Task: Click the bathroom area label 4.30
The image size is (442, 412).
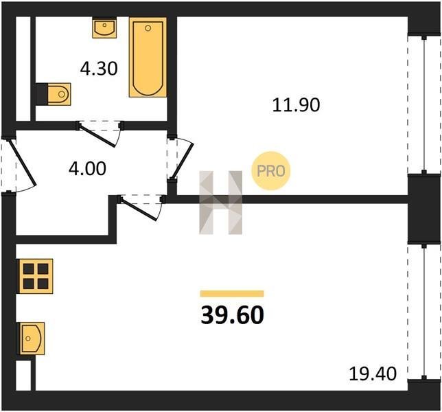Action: [x=99, y=69]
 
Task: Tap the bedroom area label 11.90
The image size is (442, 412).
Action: [x=296, y=105]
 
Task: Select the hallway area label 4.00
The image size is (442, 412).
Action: [x=87, y=168]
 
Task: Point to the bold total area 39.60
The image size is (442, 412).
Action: [x=232, y=315]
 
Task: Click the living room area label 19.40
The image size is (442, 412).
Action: [x=373, y=374]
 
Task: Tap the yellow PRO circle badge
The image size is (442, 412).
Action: [x=270, y=170]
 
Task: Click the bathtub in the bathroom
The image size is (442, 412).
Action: [x=148, y=57]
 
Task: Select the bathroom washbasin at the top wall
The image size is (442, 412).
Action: [x=104, y=27]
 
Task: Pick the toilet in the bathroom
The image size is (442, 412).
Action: [x=54, y=94]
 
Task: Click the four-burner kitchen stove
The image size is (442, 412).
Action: [x=36, y=276]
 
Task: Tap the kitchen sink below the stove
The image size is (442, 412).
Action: [x=32, y=339]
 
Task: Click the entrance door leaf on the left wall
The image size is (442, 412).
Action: [x=23, y=163]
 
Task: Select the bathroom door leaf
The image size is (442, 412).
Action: [x=97, y=135]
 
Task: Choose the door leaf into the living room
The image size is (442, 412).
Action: [x=137, y=209]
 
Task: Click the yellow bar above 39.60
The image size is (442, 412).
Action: [x=232, y=294]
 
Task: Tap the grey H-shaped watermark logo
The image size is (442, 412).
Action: [x=221, y=203]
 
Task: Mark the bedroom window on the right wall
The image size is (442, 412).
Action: [x=424, y=104]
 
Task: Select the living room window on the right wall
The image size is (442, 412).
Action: [x=424, y=312]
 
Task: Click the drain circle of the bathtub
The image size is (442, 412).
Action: [x=148, y=28]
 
